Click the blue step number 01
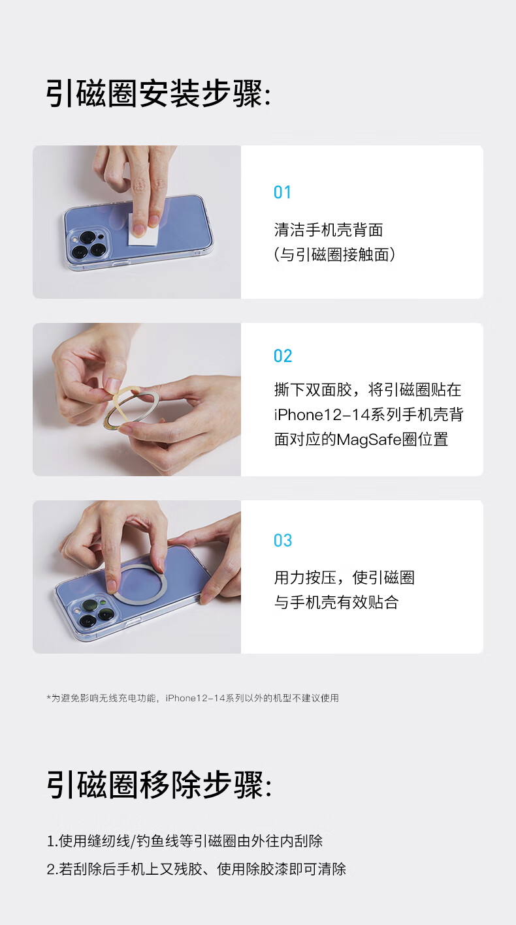[x=282, y=192]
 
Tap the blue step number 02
[x=283, y=356]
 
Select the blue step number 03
[x=283, y=541]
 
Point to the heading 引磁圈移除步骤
[x=159, y=785]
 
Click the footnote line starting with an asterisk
[x=193, y=698]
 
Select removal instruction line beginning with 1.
[x=184, y=841]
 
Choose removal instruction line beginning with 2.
[x=196, y=869]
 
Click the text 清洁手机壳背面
[x=329, y=230]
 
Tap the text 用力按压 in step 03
[x=305, y=577]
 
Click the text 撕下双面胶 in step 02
[x=313, y=389]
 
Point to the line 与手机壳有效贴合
[x=336, y=602]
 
